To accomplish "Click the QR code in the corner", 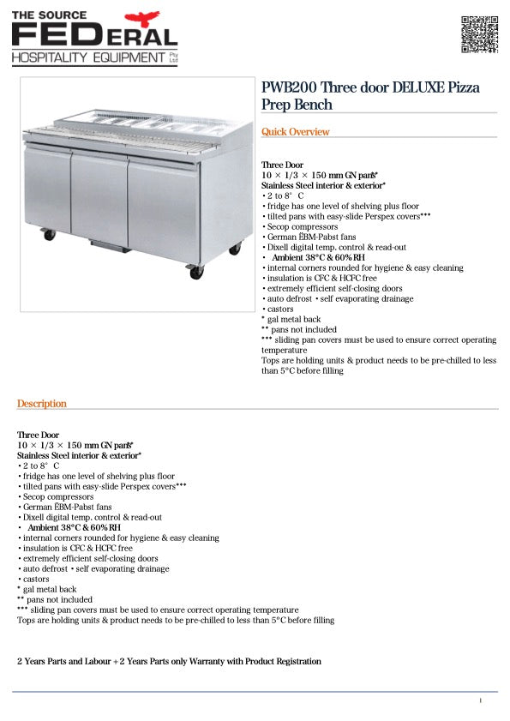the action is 479,34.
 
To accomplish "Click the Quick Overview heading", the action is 295,132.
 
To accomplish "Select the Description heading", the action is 42,404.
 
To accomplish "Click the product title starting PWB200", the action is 370,96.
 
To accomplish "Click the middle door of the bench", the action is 99,197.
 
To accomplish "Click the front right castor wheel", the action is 196,272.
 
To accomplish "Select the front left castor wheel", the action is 49,233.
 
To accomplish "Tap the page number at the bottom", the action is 481,701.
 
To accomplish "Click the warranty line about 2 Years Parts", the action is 169,662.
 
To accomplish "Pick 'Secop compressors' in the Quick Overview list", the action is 301,226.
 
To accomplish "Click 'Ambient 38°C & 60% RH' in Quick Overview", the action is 318,257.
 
